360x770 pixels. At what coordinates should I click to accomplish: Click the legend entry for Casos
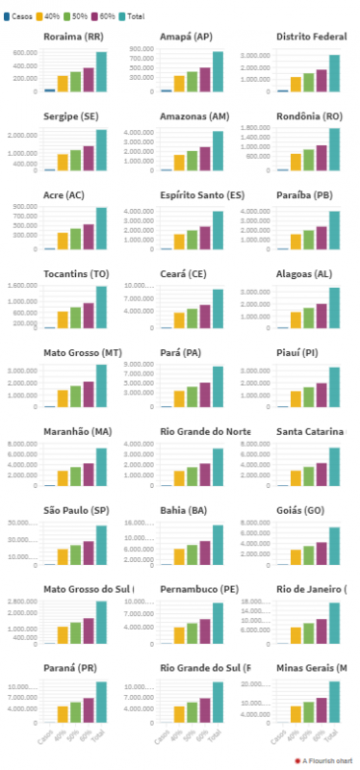click(x=20, y=16)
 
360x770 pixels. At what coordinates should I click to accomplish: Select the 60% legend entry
click(x=107, y=16)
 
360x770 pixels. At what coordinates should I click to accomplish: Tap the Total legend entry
click(x=138, y=16)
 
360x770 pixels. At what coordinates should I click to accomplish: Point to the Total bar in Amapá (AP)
click(x=218, y=72)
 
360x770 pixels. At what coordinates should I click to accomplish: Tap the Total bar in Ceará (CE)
click(x=218, y=309)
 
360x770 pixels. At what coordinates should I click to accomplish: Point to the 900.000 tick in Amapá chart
click(x=141, y=49)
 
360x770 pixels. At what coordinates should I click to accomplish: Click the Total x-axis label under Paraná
click(x=100, y=733)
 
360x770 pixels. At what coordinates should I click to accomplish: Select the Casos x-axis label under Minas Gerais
click(x=282, y=735)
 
